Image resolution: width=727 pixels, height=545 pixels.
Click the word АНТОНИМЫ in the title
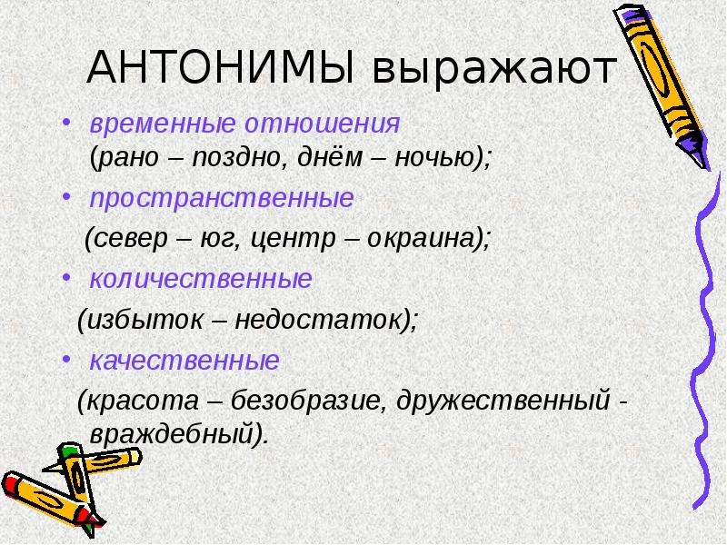(x=221, y=68)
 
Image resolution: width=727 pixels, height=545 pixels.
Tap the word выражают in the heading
(x=494, y=71)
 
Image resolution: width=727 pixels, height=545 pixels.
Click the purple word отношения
(x=323, y=124)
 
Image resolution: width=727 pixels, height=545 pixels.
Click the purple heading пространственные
(x=222, y=199)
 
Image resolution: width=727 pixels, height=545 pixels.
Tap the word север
(x=131, y=239)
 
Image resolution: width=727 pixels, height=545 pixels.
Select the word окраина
(x=422, y=239)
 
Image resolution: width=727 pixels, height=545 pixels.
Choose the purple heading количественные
(x=201, y=279)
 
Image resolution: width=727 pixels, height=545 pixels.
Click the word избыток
(x=144, y=320)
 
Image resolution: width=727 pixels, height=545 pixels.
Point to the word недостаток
(x=318, y=320)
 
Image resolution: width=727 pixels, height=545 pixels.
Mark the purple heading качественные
(x=184, y=360)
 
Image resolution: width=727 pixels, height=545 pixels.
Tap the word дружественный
(x=503, y=400)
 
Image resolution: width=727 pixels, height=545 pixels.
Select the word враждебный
(x=172, y=434)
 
